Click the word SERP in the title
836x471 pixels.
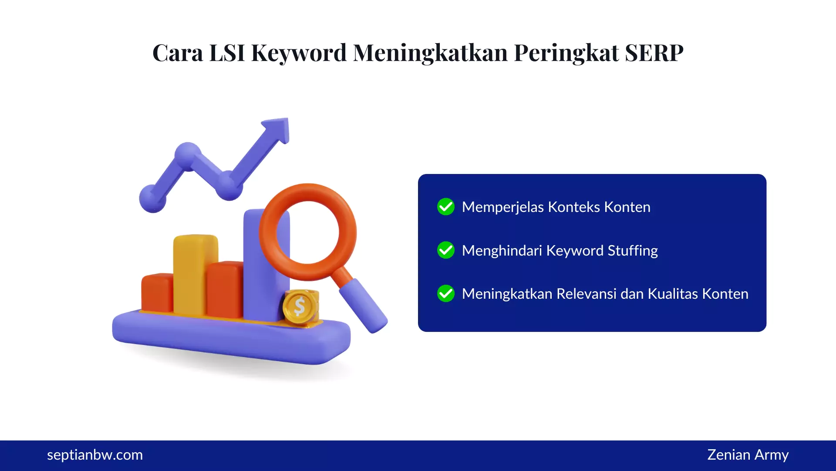click(654, 53)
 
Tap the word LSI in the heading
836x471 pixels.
click(227, 53)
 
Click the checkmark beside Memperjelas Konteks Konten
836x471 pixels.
click(446, 207)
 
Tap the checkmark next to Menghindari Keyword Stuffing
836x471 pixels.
click(446, 250)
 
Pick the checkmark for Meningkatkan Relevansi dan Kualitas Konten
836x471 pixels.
click(446, 294)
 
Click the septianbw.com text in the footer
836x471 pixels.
click(95, 455)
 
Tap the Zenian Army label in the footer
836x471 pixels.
click(748, 455)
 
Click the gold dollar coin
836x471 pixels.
click(300, 307)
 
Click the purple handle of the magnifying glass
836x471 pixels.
click(364, 305)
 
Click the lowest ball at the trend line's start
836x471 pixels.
click(152, 198)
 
